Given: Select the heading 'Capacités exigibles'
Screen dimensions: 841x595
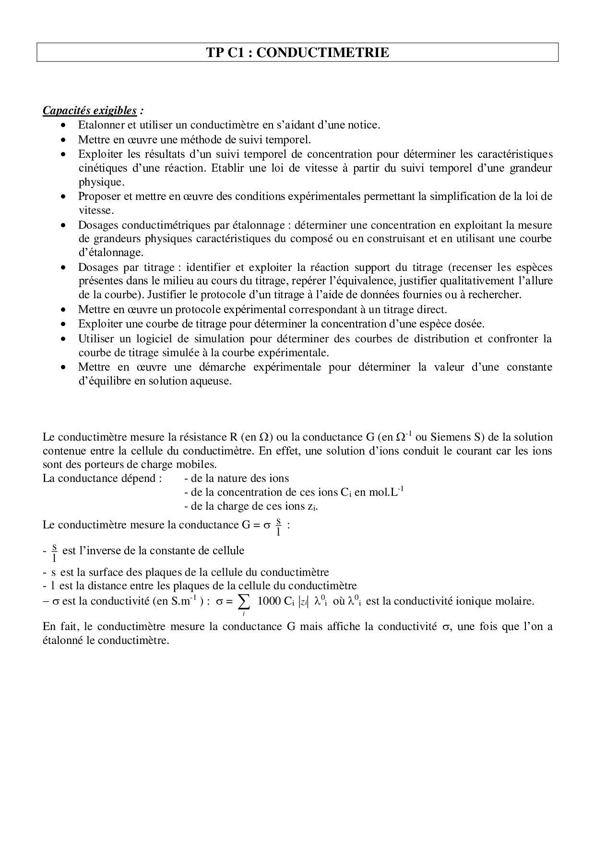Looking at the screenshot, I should tap(90, 111).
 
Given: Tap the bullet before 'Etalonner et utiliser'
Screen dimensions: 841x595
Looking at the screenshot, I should tap(64, 126).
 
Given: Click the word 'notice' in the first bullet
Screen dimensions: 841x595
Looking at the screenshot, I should tap(364, 125).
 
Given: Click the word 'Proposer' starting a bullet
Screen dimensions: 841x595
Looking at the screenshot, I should tap(99, 197).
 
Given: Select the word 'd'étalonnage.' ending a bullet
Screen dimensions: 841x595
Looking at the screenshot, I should tap(111, 252).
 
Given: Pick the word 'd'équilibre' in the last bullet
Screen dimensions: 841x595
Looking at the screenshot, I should tap(105, 381).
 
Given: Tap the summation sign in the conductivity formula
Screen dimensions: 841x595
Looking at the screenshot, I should tap(244, 602).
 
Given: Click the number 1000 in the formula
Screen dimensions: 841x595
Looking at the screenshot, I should tap(270, 601).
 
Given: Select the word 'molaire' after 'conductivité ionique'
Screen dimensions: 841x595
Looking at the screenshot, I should tap(516, 601).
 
